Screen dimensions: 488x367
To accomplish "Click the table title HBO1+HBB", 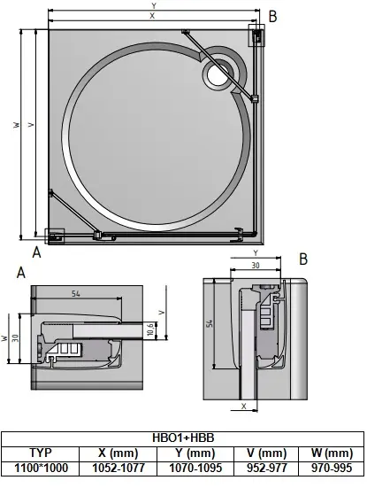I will (x=183, y=437).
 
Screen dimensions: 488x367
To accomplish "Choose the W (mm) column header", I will (x=330, y=452).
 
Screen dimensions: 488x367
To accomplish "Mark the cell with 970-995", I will (x=330, y=468).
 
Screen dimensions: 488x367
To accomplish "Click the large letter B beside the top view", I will (x=272, y=15).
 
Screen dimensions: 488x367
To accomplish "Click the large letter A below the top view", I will (x=36, y=252).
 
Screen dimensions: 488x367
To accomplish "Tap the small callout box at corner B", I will (x=257, y=35).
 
